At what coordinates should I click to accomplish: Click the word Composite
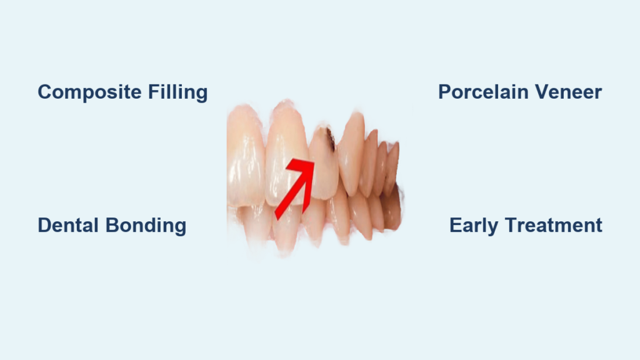90,92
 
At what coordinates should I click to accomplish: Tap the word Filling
178,92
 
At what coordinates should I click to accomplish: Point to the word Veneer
569,92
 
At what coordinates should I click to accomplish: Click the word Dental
69,225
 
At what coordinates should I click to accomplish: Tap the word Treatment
554,225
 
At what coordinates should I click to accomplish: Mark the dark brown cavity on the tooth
330,139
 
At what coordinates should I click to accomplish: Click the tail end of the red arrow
277,216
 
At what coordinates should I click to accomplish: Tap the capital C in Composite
45,92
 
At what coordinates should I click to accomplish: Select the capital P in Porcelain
445,92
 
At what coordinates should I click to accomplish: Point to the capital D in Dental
45,225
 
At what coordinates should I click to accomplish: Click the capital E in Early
456,225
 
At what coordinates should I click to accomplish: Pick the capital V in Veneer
542,92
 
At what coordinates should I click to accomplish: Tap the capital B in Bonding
112,225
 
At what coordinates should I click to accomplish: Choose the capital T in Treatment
512,225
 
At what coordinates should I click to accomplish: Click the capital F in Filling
154,92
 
